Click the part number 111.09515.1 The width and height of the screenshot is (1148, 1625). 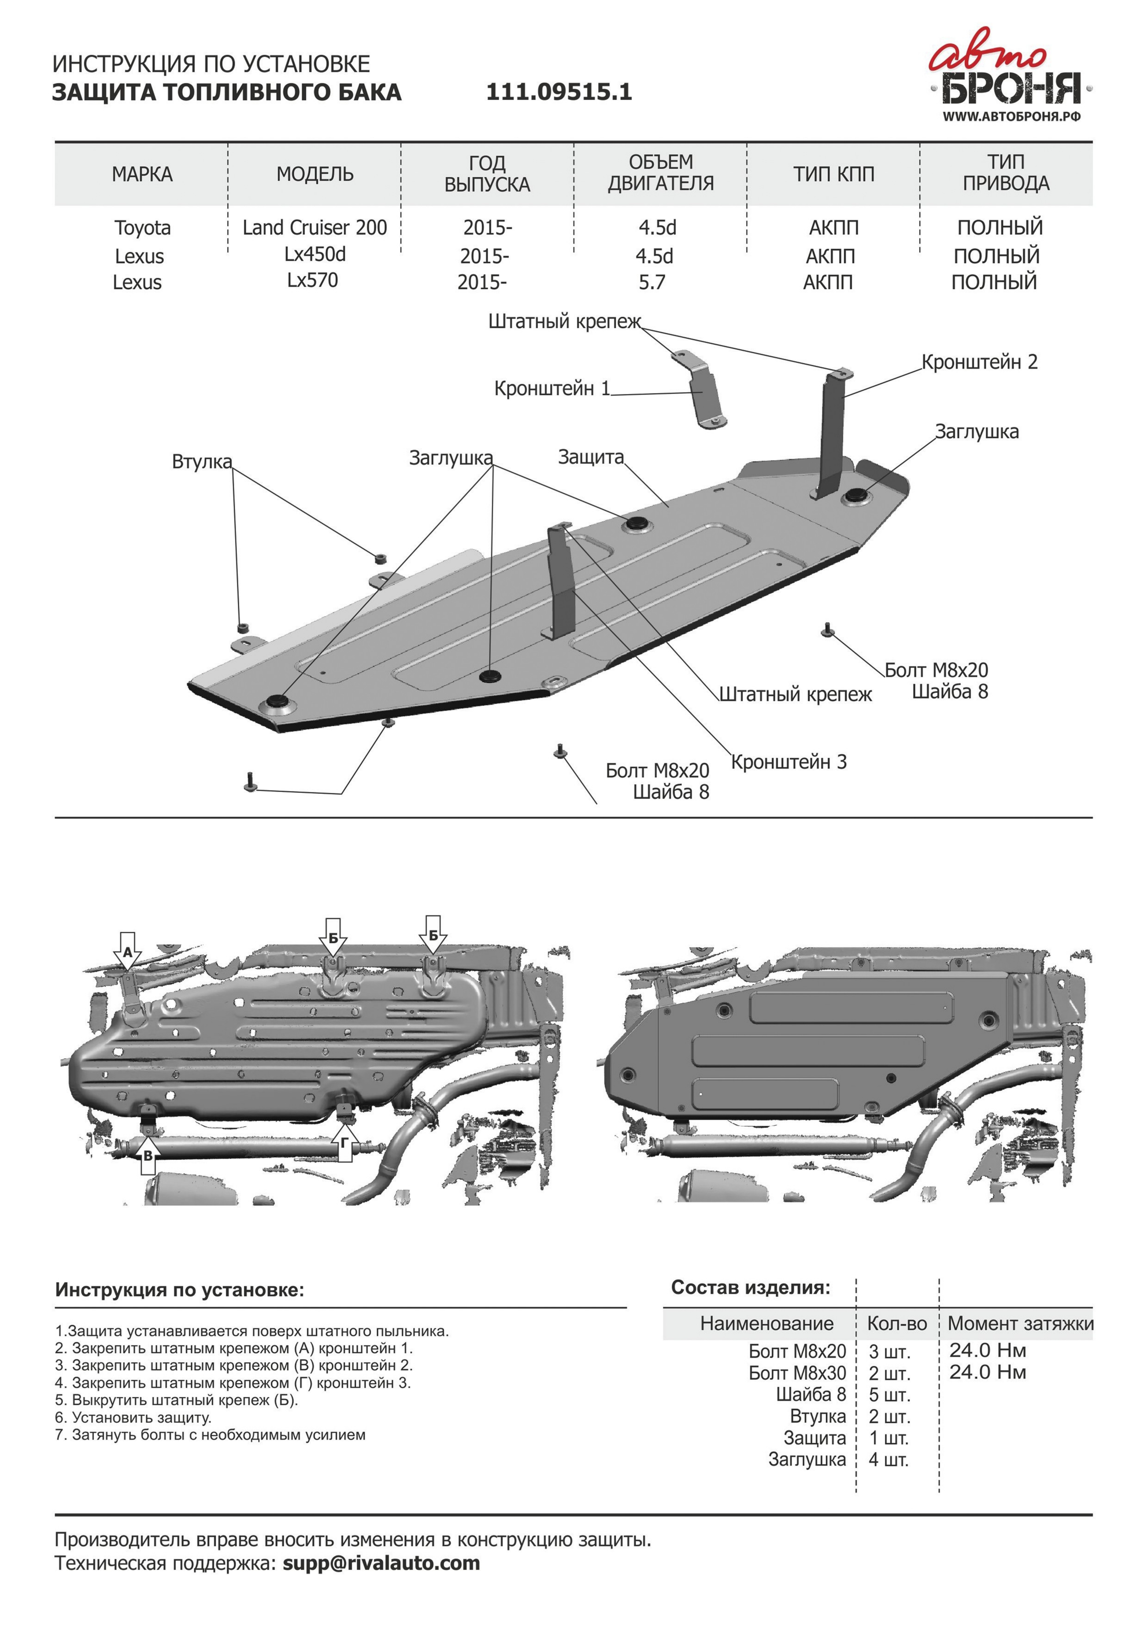[559, 92]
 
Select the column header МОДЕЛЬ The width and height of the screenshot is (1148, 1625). [315, 174]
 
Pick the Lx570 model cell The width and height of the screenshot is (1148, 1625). [313, 280]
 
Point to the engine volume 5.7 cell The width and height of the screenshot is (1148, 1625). [652, 282]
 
